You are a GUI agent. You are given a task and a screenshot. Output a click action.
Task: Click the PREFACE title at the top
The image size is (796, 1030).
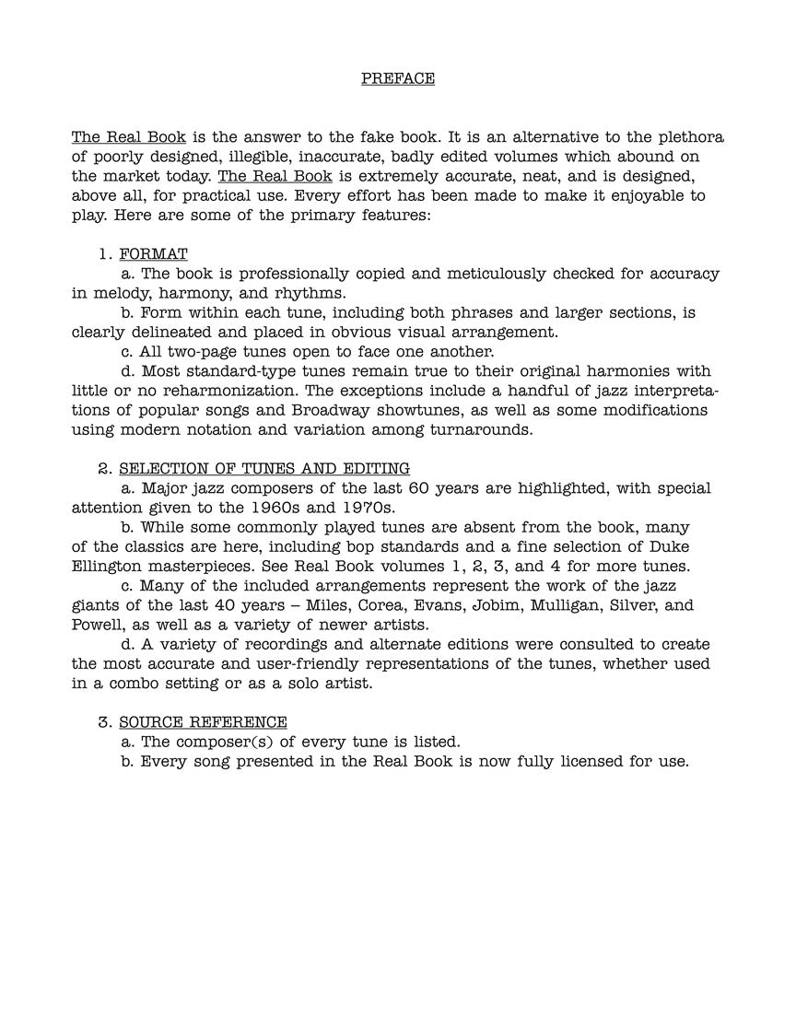(397, 78)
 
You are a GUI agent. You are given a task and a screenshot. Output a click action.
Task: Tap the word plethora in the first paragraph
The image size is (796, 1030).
(689, 137)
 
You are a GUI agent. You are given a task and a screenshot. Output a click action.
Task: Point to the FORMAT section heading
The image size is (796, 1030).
(153, 254)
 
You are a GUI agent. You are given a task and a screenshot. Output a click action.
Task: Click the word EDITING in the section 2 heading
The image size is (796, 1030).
(373, 469)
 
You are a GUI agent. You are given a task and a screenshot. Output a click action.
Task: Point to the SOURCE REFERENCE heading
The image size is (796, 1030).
(203, 721)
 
